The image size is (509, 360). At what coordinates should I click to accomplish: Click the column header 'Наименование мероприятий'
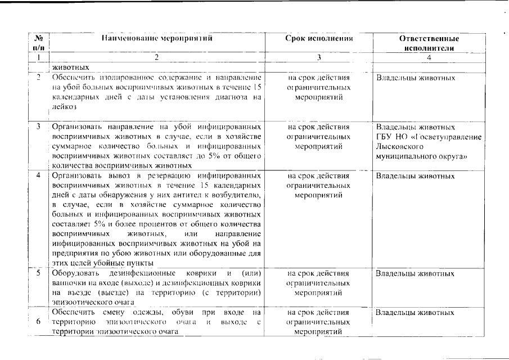(157, 39)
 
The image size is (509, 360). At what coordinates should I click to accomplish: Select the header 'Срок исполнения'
(319, 39)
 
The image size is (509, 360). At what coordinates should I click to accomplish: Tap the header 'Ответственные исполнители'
(429, 43)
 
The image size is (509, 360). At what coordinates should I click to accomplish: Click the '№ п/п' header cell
(39, 43)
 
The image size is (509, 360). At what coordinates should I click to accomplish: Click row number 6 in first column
(38, 321)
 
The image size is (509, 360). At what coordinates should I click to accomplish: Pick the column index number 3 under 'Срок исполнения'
(318, 57)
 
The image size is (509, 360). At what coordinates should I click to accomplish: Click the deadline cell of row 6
(318, 321)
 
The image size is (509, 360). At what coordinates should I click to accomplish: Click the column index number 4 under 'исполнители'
(428, 57)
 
